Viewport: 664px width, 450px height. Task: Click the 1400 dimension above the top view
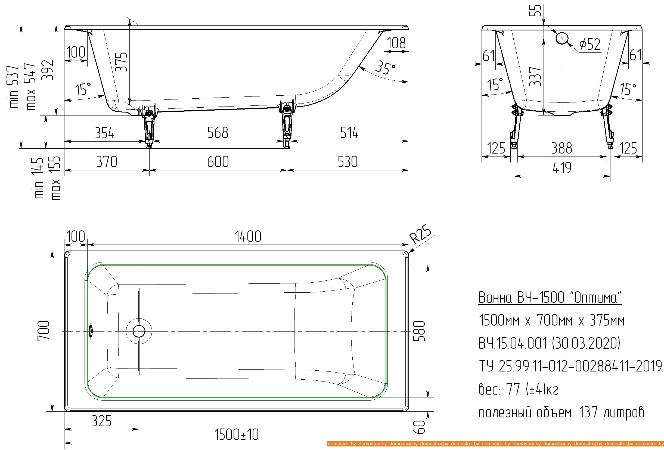pos(248,237)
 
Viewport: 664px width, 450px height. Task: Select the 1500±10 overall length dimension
pos(237,435)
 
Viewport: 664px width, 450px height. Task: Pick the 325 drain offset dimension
pos(101,421)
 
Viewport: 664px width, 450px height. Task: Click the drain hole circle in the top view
pos(139,331)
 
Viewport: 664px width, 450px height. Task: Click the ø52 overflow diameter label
pos(590,44)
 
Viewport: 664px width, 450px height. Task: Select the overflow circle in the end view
pos(562,38)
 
